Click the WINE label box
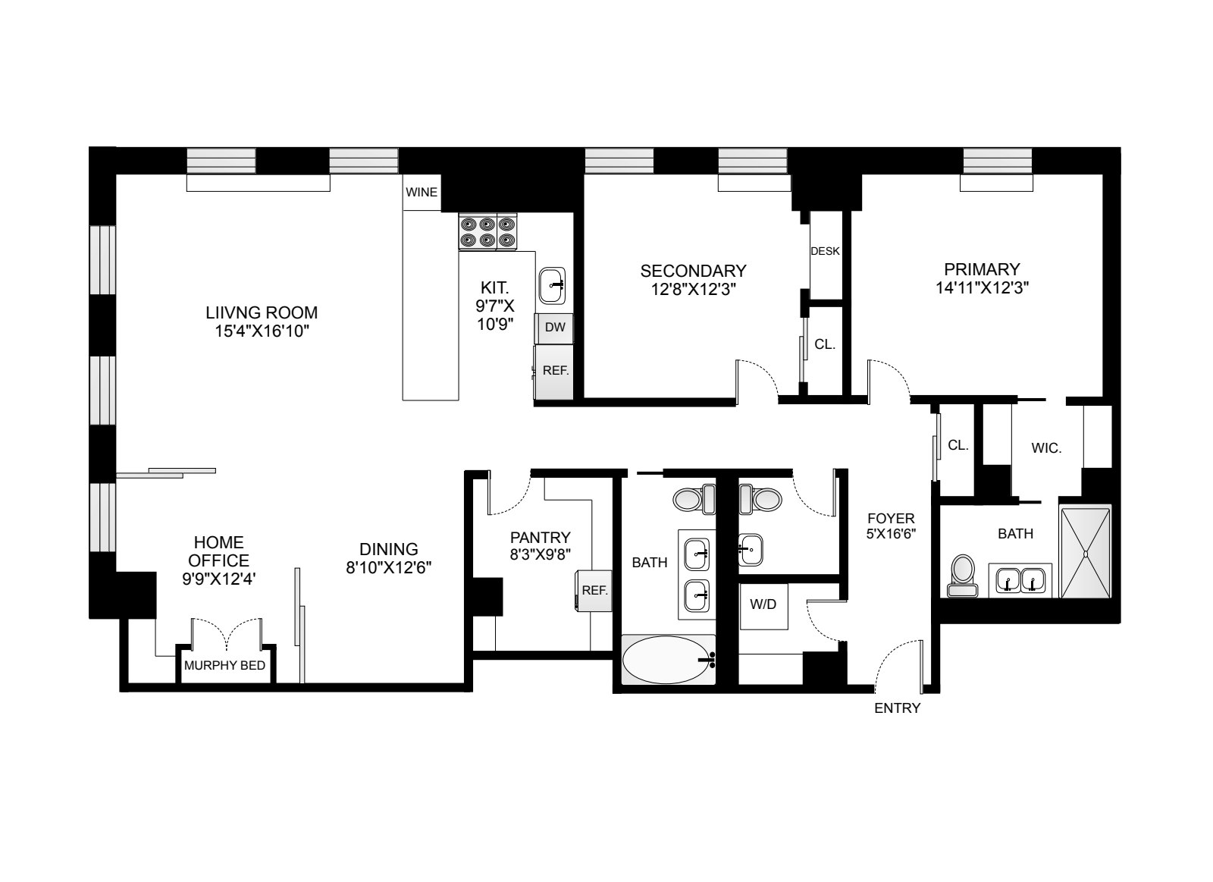coord(422,193)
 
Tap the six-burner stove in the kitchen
coord(488,233)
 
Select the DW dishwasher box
coord(555,328)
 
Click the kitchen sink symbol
coord(553,285)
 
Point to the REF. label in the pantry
coord(594,590)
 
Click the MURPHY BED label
coord(224,666)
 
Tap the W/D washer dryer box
coord(763,606)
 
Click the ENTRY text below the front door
coord(897,708)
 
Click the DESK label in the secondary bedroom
coord(825,251)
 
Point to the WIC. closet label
coord(1046,448)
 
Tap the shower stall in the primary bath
coord(1086,552)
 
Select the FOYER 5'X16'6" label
coord(892,526)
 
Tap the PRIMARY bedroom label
coord(982,269)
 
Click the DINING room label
coord(389,549)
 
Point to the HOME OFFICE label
coord(219,551)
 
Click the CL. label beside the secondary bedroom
coord(825,344)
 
